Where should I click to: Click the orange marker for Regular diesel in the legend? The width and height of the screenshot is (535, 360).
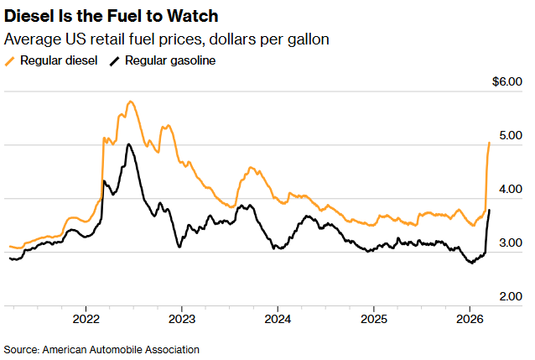tap(9, 60)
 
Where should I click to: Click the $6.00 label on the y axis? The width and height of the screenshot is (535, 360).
tap(507, 82)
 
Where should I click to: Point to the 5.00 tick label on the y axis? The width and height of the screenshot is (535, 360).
tap(510, 135)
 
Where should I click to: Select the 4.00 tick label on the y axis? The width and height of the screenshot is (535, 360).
tap(510, 189)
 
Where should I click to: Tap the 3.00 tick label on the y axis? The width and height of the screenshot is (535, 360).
tap(510, 243)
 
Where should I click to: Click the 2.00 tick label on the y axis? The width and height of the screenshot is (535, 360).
tap(510, 296)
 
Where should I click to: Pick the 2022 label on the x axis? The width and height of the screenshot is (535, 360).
tap(86, 320)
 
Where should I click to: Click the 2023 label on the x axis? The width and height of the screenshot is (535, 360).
tap(182, 320)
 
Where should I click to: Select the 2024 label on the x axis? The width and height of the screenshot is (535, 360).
tap(278, 320)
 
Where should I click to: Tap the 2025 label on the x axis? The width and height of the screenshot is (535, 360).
tap(373, 320)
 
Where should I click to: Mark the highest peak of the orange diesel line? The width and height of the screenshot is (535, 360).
tap(131, 102)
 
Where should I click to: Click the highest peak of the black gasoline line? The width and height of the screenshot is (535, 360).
tap(128, 144)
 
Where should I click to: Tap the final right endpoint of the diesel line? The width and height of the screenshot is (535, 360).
tap(490, 143)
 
